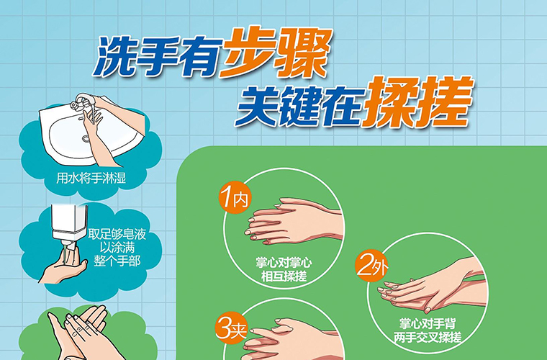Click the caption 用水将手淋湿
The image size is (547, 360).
91,179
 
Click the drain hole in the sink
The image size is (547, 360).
86,138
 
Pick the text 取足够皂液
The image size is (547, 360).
117,234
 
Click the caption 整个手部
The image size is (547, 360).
117,261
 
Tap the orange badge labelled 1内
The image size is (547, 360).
235,199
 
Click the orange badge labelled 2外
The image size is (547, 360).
371,267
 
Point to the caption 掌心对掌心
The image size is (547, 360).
284,263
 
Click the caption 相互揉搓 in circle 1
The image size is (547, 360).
284,276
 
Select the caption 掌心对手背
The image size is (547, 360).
428,324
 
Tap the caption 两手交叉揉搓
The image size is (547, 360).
428,337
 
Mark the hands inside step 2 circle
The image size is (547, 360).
433,286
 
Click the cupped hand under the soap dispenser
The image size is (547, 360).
63,266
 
